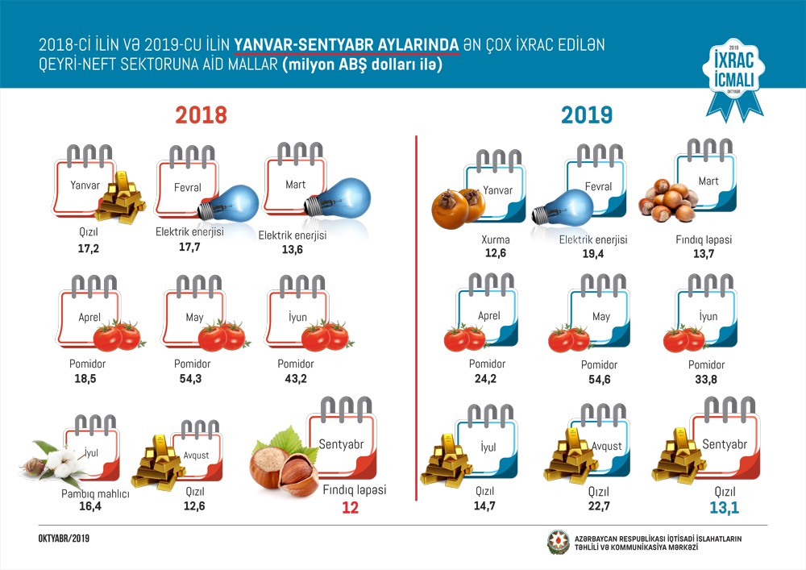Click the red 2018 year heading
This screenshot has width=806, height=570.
tap(201, 115)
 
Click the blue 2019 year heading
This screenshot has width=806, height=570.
tap(587, 115)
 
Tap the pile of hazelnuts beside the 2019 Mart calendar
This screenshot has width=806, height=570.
tap(667, 200)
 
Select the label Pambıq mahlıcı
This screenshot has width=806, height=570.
tap(94, 493)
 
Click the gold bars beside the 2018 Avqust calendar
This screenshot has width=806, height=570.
tap(158, 465)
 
